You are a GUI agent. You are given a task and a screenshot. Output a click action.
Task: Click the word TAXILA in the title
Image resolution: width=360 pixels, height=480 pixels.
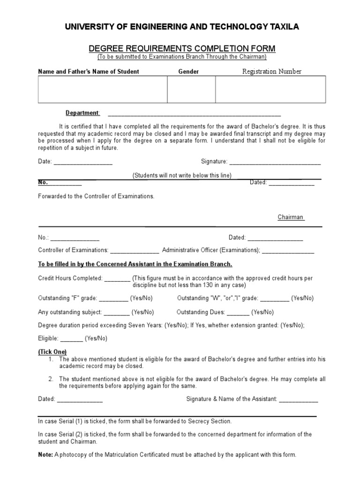(x=282, y=28)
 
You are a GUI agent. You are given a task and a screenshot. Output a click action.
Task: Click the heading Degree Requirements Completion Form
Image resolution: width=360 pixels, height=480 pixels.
(x=182, y=49)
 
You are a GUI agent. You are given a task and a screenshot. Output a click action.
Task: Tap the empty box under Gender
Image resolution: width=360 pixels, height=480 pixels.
(x=191, y=90)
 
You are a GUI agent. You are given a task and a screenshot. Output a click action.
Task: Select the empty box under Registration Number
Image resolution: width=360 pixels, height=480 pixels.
(x=270, y=90)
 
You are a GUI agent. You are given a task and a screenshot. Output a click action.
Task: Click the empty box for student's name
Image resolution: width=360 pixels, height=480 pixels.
(x=103, y=90)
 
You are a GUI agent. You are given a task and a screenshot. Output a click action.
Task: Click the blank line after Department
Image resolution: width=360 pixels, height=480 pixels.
(x=194, y=114)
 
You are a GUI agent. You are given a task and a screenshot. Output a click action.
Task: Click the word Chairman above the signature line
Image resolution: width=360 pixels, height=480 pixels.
(x=291, y=217)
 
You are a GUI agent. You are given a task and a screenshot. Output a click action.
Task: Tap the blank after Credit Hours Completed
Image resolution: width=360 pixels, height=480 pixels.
(x=117, y=278)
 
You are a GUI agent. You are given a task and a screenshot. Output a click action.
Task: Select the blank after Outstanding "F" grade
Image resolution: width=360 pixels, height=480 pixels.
(x=113, y=299)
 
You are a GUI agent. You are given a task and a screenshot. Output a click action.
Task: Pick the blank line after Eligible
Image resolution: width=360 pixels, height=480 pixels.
(x=72, y=339)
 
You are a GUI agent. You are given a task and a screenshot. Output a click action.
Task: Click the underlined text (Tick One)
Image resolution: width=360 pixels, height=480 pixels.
(x=52, y=352)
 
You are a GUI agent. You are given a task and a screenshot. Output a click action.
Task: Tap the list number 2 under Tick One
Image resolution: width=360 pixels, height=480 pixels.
(x=51, y=379)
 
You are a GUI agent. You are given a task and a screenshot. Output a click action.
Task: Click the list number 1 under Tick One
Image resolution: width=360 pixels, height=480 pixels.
(x=51, y=359)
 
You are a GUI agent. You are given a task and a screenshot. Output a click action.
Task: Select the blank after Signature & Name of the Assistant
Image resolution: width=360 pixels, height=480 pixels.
(x=299, y=400)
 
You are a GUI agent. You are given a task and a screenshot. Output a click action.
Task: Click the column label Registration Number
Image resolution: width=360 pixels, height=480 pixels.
(x=271, y=72)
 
